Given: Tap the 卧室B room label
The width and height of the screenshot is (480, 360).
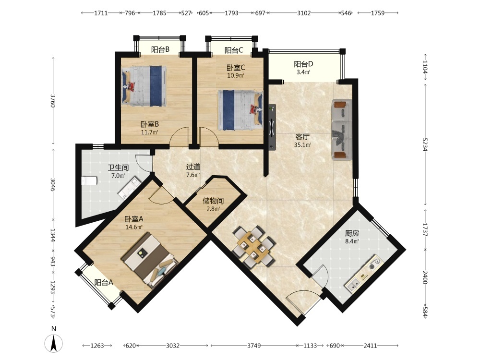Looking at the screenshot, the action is click(150, 124).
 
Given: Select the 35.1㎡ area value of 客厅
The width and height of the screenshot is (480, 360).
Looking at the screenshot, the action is click(302, 145).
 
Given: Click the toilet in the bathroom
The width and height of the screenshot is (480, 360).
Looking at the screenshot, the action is click(89, 180).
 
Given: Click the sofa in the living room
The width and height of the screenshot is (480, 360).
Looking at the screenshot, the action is click(342, 130).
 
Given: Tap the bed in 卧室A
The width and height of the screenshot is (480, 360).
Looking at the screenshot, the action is click(150, 261).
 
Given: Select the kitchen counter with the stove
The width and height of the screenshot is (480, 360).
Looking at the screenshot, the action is click(364, 274).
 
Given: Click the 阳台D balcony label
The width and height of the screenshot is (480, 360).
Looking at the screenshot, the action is click(303, 64).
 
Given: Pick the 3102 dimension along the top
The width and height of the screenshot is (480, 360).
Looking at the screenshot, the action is click(304, 13).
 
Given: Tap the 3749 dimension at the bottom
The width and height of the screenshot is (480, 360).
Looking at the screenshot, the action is click(254, 346).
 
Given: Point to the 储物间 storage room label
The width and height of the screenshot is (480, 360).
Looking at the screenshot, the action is click(213, 201).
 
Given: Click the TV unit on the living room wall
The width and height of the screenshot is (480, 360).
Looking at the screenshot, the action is click(272, 127).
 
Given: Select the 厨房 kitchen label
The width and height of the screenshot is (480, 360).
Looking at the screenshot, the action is click(352, 234).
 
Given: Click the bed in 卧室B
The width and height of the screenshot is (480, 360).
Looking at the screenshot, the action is click(144, 86).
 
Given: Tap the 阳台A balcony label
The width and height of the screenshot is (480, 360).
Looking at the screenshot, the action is click(104, 283).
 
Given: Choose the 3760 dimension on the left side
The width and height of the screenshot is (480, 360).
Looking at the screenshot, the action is click(53, 100).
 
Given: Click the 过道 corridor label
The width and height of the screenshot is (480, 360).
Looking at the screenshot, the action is click(193, 167).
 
